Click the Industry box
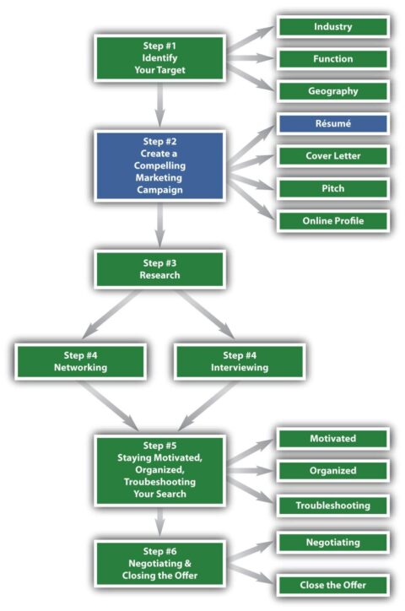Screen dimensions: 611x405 tap(332, 27)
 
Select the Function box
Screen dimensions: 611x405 tap(332, 59)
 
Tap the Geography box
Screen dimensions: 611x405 tap(332, 91)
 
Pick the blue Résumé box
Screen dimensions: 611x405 tap(332, 123)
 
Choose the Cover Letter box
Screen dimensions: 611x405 tap(332, 155)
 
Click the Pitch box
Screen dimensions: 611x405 tap(332, 187)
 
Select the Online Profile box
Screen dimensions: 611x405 tap(332, 220)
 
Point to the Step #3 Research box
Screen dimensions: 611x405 tap(159, 268)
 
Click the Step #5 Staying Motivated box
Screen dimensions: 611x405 tap(159, 469)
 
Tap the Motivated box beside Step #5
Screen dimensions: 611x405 tap(332, 439)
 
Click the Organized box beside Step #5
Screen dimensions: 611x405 tap(332, 471)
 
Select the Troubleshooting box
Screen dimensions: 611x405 tap(332, 506)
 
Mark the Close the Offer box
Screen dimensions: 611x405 tap(332, 584)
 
